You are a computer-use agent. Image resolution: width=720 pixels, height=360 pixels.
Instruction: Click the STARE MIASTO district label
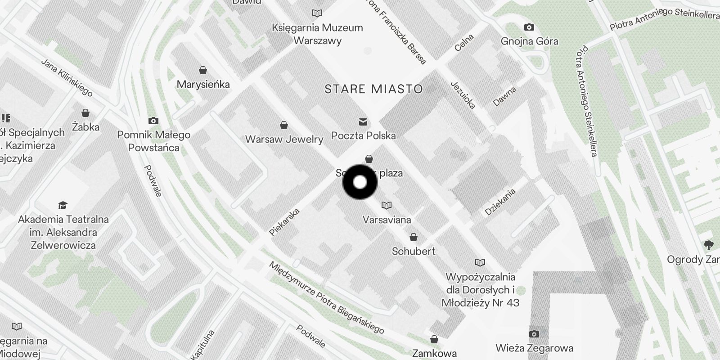click(373, 89)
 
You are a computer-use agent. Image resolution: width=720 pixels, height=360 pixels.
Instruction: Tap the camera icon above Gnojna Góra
click(529, 27)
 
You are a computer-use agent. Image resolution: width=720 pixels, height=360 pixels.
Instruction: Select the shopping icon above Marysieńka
click(203, 70)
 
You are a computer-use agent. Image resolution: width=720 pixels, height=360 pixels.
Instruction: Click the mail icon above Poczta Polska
click(363, 122)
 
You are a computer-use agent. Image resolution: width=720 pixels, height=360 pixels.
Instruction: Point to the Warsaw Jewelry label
click(284, 139)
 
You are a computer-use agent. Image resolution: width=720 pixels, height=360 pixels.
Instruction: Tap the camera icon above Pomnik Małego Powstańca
click(153, 121)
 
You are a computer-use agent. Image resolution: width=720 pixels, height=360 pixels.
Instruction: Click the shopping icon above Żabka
click(85, 113)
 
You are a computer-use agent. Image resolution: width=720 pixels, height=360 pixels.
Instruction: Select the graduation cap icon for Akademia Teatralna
click(63, 206)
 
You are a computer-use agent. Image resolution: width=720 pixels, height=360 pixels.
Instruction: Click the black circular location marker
click(360, 182)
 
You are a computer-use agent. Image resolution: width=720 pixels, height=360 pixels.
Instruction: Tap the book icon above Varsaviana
click(386, 206)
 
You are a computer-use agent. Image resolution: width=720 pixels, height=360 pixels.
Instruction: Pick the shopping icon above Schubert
click(413, 237)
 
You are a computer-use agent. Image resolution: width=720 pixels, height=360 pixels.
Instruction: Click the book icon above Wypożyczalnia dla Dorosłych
click(480, 262)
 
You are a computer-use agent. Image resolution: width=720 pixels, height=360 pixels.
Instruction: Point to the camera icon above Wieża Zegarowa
click(534, 334)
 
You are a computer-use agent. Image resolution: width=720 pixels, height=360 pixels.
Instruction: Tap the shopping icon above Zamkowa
click(434, 339)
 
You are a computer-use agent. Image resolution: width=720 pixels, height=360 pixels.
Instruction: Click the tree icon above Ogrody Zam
click(709, 245)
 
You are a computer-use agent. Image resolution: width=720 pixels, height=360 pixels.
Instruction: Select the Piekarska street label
click(284, 221)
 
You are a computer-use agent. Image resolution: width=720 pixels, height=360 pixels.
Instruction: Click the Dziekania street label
click(500, 202)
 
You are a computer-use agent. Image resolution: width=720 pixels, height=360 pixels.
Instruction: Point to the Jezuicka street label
click(463, 95)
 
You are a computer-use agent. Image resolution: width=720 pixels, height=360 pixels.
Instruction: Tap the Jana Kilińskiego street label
click(67, 77)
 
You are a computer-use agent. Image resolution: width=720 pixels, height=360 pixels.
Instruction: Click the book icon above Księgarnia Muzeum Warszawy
click(317, 13)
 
